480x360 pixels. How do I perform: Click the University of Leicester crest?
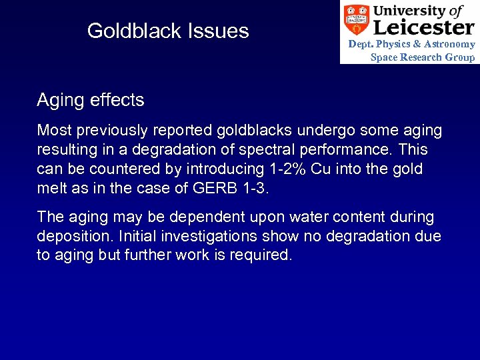[356, 20]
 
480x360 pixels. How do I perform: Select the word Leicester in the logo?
[423, 27]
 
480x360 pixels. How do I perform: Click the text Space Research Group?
[423, 57]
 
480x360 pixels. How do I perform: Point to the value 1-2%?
[283, 169]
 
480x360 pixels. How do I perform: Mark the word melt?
[50, 188]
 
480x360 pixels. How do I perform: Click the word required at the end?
[261, 255]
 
